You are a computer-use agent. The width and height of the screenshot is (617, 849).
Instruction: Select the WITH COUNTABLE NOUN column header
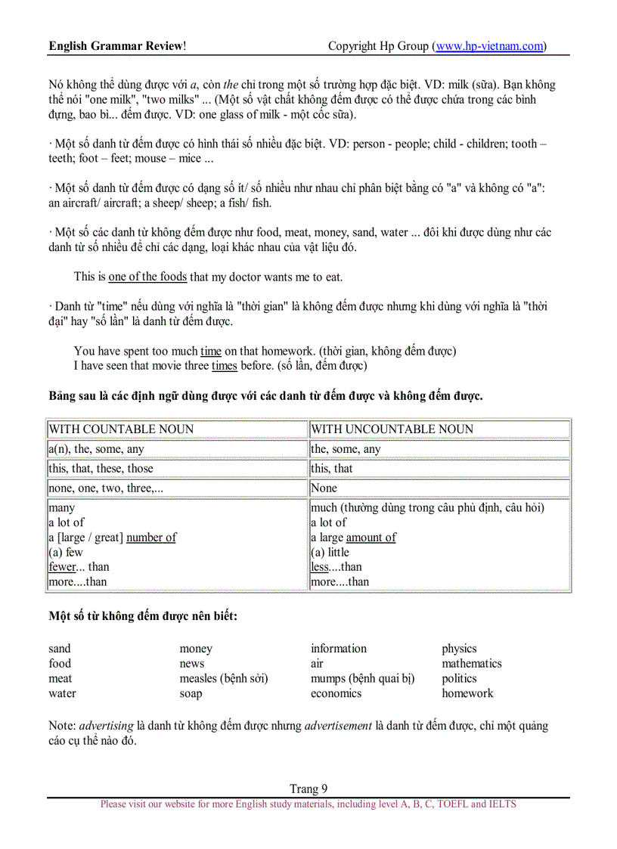coord(121,429)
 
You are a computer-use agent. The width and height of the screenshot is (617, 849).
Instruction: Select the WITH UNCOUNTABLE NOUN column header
coord(392,429)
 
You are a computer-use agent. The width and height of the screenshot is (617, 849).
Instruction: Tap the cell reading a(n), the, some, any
coord(96,449)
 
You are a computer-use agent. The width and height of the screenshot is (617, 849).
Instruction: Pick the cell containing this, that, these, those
coord(101,469)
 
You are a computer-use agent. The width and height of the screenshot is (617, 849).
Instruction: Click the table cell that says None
coord(324,488)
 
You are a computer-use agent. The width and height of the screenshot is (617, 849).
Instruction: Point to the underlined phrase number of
coord(151,538)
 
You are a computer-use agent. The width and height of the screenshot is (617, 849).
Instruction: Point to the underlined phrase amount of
coord(371,538)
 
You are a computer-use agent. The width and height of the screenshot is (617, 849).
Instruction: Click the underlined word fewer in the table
coord(64,567)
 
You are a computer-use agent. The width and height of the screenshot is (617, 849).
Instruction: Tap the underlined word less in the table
coord(320,567)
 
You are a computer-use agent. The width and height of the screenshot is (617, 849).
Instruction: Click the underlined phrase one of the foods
coord(147,277)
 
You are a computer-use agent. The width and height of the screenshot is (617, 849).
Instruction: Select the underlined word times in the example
coord(224,366)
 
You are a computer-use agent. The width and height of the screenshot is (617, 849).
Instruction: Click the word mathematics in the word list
coord(472,664)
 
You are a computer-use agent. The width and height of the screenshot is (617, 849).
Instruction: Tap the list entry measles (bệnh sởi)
coord(224,679)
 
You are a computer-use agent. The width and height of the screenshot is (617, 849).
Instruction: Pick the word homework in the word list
coord(467,693)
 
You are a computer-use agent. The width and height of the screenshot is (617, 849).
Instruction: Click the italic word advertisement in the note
coord(338,726)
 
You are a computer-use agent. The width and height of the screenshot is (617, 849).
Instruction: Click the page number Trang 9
coord(308,789)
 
